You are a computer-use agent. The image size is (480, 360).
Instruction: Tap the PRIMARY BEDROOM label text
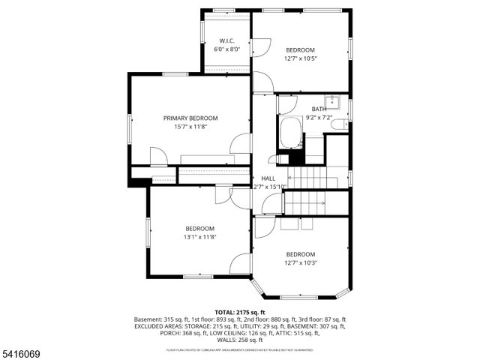[190, 118]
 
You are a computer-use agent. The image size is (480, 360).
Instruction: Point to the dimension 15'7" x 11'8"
[190, 127]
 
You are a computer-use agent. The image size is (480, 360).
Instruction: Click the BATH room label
[319, 109]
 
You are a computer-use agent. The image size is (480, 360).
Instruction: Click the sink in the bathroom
[332, 102]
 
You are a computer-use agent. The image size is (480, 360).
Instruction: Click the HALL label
[267, 178]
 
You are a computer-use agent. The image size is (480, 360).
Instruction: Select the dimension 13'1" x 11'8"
[200, 237]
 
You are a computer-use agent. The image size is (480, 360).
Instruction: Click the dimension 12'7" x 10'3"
[300, 262]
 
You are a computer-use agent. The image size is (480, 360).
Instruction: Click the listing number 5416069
[22, 352]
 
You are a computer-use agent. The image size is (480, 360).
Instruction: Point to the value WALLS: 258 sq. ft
[239, 340]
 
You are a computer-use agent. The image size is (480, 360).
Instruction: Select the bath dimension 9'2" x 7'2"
[319, 117]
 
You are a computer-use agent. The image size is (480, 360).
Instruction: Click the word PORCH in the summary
[172, 334]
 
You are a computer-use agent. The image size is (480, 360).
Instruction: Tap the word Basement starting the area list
[149, 319]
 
